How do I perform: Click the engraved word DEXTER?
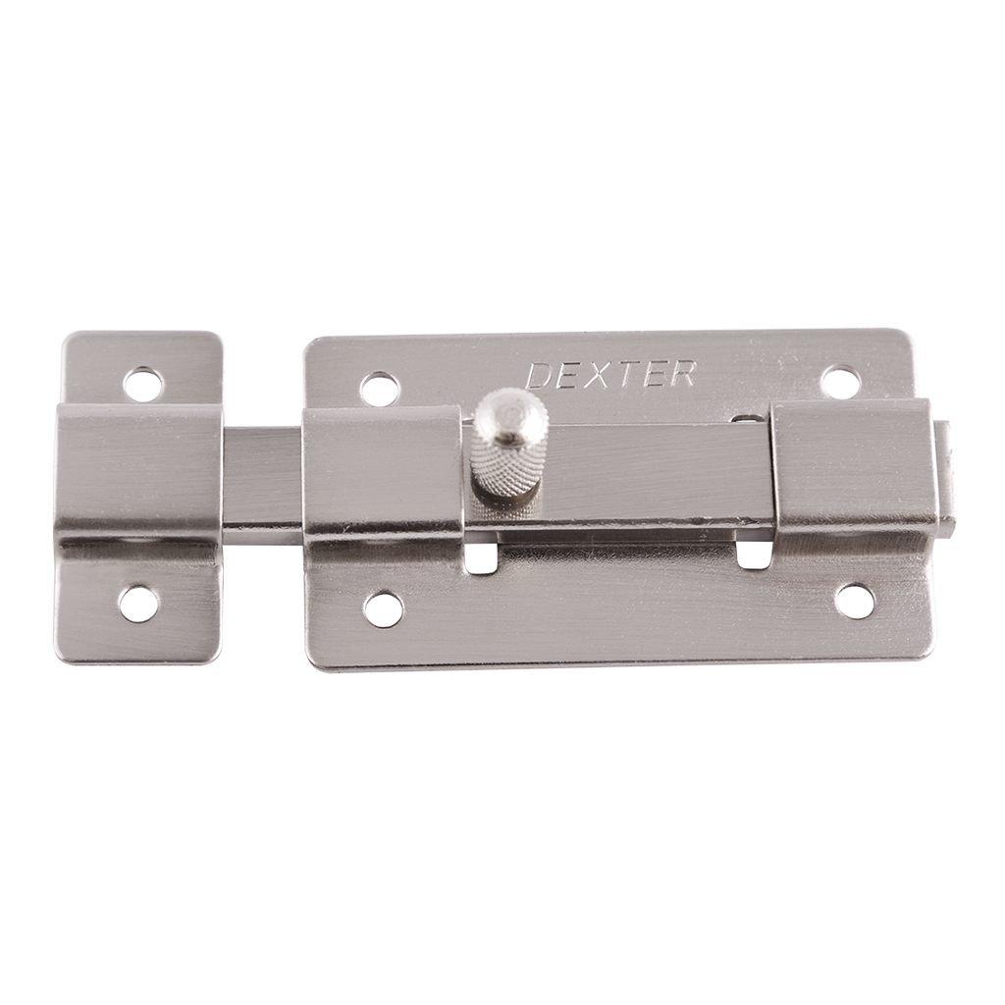coord(611,376)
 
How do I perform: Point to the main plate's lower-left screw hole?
coord(383,608)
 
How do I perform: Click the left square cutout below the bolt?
coord(482,556)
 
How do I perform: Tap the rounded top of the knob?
coord(506,412)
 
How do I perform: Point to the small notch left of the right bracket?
coord(751,419)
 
